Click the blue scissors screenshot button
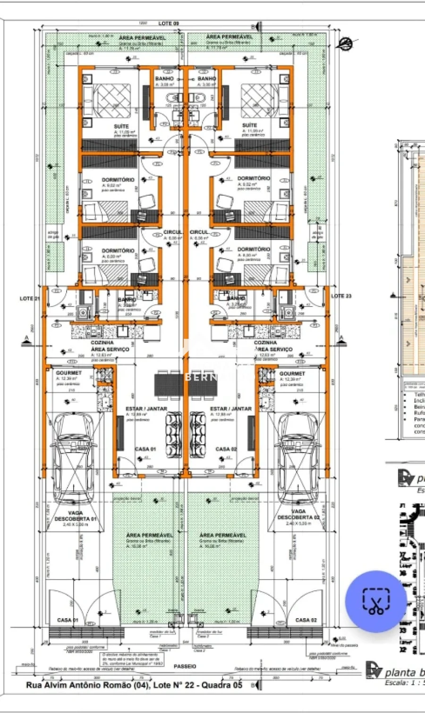click(376, 601)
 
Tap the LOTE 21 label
click(29, 298)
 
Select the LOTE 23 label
click(341, 296)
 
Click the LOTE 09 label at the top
click(169, 24)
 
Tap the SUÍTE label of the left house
click(121, 127)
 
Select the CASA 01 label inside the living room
click(145, 449)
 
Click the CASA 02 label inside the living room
click(226, 449)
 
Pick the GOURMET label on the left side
click(69, 373)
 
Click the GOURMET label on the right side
click(292, 373)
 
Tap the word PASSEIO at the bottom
click(185, 666)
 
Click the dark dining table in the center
click(186, 384)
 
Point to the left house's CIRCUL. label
click(172, 232)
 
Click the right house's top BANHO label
click(207, 79)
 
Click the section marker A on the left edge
click(25, 339)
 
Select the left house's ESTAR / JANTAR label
click(146, 409)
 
